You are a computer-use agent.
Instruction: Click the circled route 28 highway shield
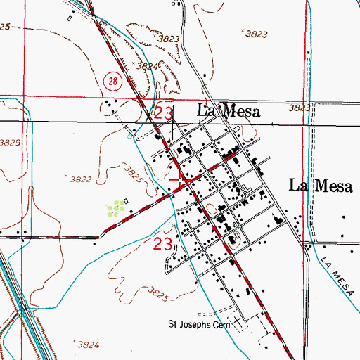(x=113, y=82)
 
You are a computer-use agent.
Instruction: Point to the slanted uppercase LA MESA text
(x=335, y=271)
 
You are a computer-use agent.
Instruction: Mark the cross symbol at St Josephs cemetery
(x=243, y=323)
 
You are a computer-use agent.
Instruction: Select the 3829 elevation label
(x=11, y=143)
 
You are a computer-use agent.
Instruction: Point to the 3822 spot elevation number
(x=82, y=180)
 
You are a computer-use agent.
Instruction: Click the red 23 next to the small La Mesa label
(x=163, y=112)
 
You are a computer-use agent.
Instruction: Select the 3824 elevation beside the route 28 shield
(x=146, y=65)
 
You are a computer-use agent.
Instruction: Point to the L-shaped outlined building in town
(x=245, y=188)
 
